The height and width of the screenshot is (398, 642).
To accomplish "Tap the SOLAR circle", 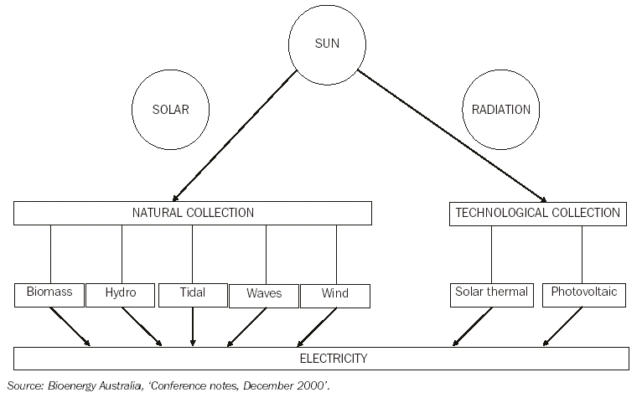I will click(171, 110).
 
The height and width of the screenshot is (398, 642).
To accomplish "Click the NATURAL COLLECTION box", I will click(193, 213).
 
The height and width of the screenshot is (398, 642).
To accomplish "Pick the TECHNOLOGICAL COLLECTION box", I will click(537, 213).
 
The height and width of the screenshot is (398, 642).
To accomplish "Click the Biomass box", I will click(49, 293).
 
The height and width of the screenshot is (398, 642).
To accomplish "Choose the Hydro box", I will click(121, 293).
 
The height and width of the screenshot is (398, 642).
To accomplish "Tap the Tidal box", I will click(192, 293).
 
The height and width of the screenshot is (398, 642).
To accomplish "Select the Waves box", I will click(264, 294).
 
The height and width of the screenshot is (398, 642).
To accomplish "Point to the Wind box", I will click(335, 294).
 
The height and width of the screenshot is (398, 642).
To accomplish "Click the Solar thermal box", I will click(491, 292).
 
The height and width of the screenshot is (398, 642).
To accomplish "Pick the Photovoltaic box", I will click(582, 292).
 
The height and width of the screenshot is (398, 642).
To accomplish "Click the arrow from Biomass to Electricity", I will click(70, 325).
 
